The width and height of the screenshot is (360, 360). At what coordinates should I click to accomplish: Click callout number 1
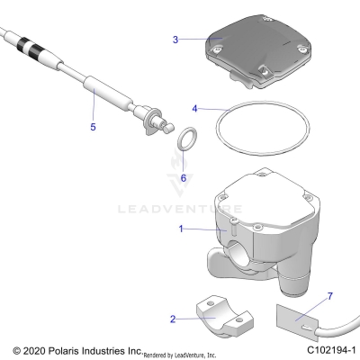[182, 229]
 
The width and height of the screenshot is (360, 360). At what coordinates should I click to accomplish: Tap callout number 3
[176, 40]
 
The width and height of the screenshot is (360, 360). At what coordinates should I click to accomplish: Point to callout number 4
[194, 109]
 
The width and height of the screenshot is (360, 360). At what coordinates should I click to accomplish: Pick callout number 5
[92, 127]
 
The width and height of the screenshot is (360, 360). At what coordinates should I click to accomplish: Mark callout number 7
[330, 295]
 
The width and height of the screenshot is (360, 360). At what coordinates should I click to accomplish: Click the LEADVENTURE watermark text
[180, 210]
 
